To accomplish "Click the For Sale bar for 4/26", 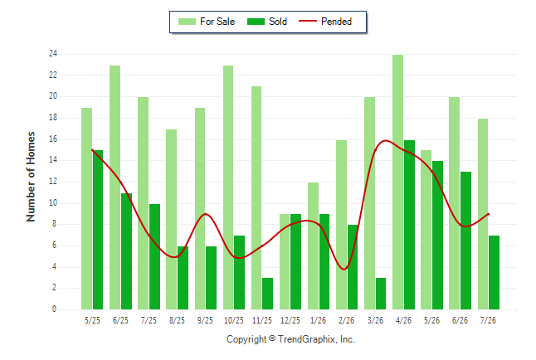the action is [x=398, y=182].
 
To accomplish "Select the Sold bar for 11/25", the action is [x=268, y=294].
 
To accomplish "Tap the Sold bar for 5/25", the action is [x=98, y=230].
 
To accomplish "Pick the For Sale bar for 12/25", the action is [x=285, y=261].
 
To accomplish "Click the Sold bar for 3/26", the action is [x=381, y=294].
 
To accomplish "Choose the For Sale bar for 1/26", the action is [x=313, y=246].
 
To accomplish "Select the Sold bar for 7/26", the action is [x=494, y=272].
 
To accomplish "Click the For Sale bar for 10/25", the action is [x=228, y=187].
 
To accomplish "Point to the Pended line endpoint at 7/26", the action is [x=489, y=214].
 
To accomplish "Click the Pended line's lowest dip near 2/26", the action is [x=344, y=269].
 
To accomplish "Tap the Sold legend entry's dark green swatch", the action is [x=256, y=22].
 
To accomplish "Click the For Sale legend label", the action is [x=217, y=22].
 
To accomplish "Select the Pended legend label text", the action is [x=336, y=22].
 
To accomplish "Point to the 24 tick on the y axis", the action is [x=53, y=54].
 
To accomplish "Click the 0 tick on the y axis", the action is [x=54, y=309].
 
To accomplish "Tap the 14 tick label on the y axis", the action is [x=53, y=160].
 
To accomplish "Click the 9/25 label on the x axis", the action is [x=205, y=320].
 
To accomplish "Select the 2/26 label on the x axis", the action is [x=346, y=320].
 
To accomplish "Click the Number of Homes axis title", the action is [x=31, y=177].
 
